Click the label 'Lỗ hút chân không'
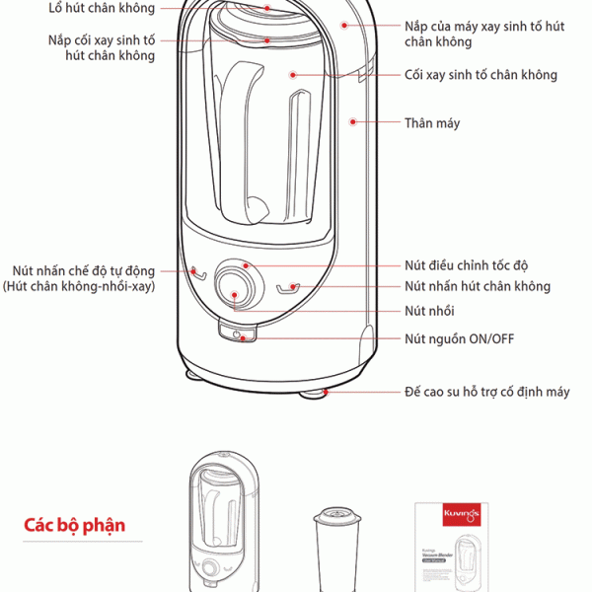(x=102, y=8)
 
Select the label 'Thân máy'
(x=432, y=123)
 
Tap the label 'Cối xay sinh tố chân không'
(x=481, y=75)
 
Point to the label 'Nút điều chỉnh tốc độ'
(x=467, y=265)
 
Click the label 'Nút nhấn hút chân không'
(x=478, y=286)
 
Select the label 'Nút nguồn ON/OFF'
(x=459, y=339)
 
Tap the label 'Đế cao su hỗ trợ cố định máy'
(x=486, y=392)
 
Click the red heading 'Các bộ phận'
(x=75, y=524)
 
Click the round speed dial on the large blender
(x=235, y=285)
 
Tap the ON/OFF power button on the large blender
(x=239, y=335)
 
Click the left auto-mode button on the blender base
(x=198, y=273)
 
